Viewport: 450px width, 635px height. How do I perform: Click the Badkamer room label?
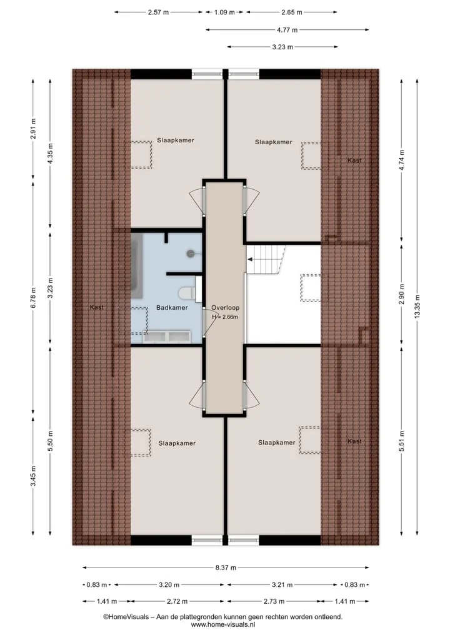click(x=172, y=308)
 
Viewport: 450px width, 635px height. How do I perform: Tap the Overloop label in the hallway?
click(x=226, y=308)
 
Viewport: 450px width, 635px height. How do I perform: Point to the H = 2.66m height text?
click(x=225, y=317)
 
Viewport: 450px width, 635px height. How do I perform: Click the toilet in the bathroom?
click(x=187, y=292)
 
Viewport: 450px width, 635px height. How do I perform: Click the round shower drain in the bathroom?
click(x=191, y=254)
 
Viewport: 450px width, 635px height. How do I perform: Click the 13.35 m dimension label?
click(x=417, y=307)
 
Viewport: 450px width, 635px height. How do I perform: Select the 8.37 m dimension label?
click(x=226, y=568)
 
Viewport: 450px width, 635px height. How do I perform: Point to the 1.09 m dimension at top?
click(x=224, y=12)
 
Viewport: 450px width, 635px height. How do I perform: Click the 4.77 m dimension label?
click(x=287, y=29)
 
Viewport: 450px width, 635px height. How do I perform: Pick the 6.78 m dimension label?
click(x=33, y=298)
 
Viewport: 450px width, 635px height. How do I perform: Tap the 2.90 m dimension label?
click(x=402, y=291)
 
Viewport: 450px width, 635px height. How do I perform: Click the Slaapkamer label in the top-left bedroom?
click(x=176, y=140)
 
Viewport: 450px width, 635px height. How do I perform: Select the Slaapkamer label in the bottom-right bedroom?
click(x=277, y=443)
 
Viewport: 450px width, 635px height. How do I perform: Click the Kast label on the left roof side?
click(x=96, y=307)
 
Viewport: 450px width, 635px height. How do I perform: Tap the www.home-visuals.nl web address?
click(x=223, y=624)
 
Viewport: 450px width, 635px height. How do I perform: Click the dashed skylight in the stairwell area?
click(x=311, y=288)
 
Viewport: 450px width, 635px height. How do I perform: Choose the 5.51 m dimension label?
click(x=402, y=441)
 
